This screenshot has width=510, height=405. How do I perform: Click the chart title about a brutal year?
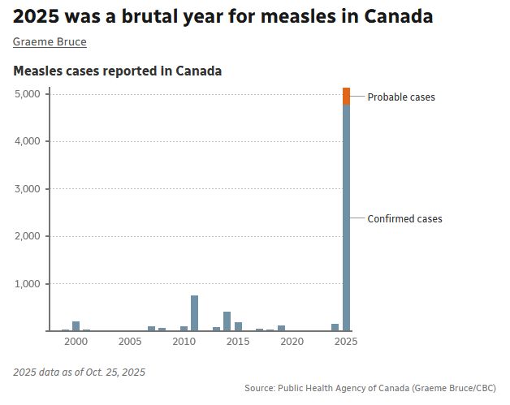click(223, 16)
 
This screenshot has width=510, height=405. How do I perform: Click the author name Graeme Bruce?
click(50, 42)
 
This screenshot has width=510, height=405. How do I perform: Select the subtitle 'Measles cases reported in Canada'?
click(117, 71)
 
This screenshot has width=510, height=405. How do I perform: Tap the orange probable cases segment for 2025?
click(346, 96)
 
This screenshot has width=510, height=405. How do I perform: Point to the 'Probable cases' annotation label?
click(401, 97)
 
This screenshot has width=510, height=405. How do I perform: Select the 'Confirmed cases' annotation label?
click(404, 219)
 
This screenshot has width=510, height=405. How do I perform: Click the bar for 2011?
click(195, 313)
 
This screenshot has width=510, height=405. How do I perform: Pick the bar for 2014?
click(227, 321)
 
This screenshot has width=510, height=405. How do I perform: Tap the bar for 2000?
click(76, 326)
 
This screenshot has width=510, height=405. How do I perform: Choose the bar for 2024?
click(335, 327)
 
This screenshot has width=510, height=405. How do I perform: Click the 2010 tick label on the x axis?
click(184, 342)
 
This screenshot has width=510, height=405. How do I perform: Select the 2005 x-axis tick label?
click(130, 342)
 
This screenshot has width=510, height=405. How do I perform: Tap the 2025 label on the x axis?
click(346, 342)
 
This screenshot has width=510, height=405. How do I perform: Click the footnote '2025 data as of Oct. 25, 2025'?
click(79, 373)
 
